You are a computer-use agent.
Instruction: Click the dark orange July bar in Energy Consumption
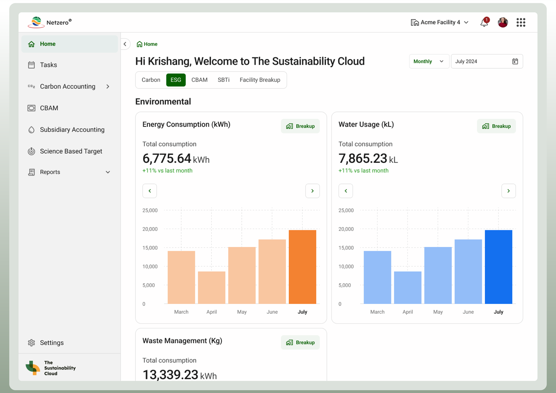(x=302, y=267)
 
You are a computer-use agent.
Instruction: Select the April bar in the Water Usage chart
(x=407, y=287)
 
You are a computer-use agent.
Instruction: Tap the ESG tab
(x=176, y=80)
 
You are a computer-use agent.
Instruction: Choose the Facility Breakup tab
(x=260, y=80)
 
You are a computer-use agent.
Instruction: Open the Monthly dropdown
(x=429, y=61)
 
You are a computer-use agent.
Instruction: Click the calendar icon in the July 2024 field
(x=515, y=61)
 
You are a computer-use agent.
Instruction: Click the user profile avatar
(x=503, y=22)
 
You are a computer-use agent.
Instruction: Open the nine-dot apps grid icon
(x=521, y=22)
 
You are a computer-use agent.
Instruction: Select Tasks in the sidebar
(x=48, y=65)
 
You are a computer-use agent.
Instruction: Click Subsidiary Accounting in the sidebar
(x=72, y=130)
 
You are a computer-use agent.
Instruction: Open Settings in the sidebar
(x=52, y=343)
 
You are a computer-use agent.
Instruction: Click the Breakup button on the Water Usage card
(x=496, y=126)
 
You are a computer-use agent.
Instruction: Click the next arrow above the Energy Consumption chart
(x=312, y=191)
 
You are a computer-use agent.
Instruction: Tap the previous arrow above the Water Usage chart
(x=346, y=191)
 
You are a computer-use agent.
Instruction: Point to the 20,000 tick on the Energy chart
(x=150, y=229)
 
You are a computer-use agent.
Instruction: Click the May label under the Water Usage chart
(x=438, y=312)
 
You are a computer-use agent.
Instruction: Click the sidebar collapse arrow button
(x=125, y=44)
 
